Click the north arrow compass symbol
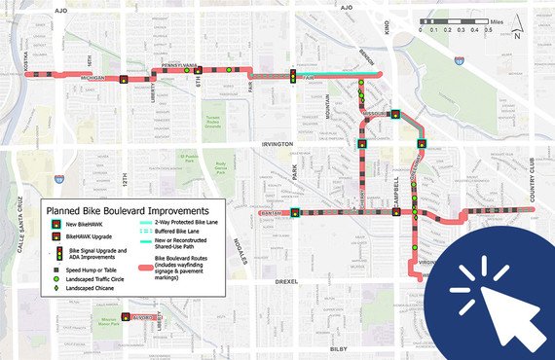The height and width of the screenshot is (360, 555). [x=516, y=36]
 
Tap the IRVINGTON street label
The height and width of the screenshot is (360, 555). [x=277, y=144]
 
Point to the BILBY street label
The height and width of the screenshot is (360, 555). [x=338, y=347]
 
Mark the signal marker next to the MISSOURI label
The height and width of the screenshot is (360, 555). [x=396, y=115]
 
